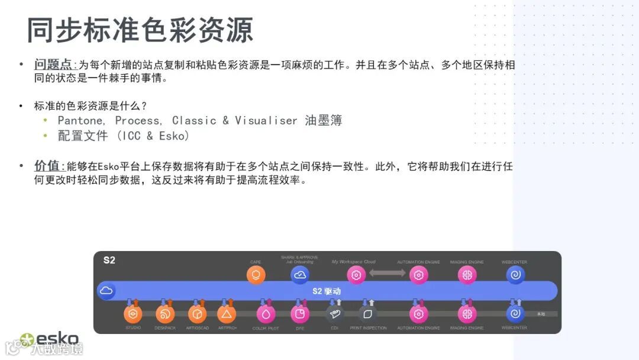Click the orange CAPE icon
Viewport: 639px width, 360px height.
point(256,275)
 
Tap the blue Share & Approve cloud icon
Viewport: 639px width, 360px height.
point(300,275)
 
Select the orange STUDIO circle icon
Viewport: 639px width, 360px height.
point(133,314)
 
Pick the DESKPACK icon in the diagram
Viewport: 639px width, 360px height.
point(165,314)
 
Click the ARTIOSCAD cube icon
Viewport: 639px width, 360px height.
point(197,314)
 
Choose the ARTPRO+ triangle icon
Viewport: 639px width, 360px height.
point(227,314)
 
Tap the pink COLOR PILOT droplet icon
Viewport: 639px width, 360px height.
point(266,314)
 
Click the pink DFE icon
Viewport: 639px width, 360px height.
point(300,314)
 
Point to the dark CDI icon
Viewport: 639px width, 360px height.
point(335,314)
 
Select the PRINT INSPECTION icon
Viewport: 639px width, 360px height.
point(368,314)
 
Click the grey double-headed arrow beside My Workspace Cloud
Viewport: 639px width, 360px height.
point(388,273)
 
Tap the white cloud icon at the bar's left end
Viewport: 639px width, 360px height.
point(106,291)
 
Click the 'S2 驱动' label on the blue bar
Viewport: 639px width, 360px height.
point(327,291)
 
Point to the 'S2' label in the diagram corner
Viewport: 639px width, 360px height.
point(109,260)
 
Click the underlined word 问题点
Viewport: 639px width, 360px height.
point(53,65)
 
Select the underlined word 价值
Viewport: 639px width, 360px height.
point(47,166)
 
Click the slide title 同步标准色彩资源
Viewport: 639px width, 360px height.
point(140,30)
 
